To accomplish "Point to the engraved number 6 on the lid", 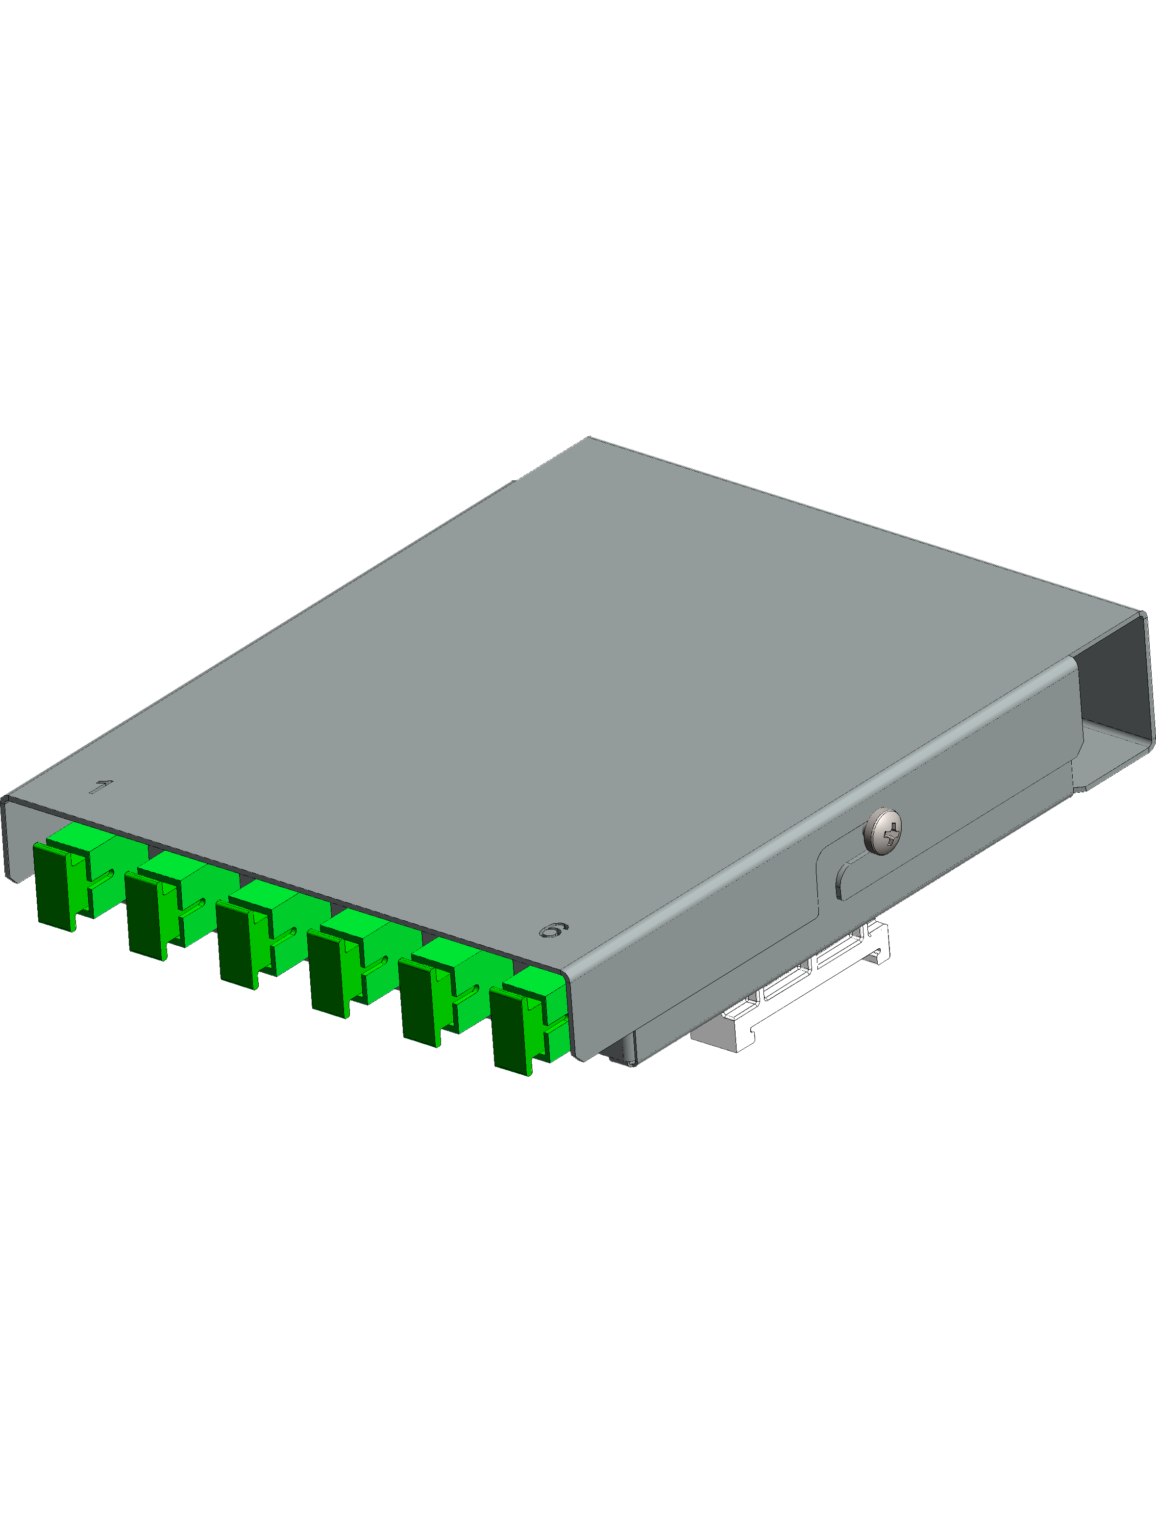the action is point(553,931).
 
